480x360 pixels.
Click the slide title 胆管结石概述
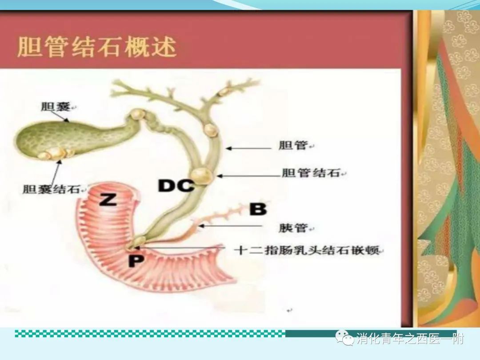click(97, 47)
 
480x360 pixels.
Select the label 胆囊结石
click(52, 189)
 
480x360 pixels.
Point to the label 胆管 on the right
click(293, 145)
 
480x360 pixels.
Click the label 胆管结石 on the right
click(311, 173)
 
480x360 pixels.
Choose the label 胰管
click(293, 228)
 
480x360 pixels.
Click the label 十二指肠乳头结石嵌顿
click(306, 250)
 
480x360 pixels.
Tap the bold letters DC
click(176, 185)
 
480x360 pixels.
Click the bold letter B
click(258, 209)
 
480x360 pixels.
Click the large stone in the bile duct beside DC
click(202, 176)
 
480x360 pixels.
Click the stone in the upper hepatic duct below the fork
click(211, 129)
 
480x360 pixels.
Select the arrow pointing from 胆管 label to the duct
click(248, 148)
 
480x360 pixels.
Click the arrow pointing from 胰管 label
click(230, 226)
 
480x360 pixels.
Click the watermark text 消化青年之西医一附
click(410, 339)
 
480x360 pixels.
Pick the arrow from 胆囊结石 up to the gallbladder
click(56, 172)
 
